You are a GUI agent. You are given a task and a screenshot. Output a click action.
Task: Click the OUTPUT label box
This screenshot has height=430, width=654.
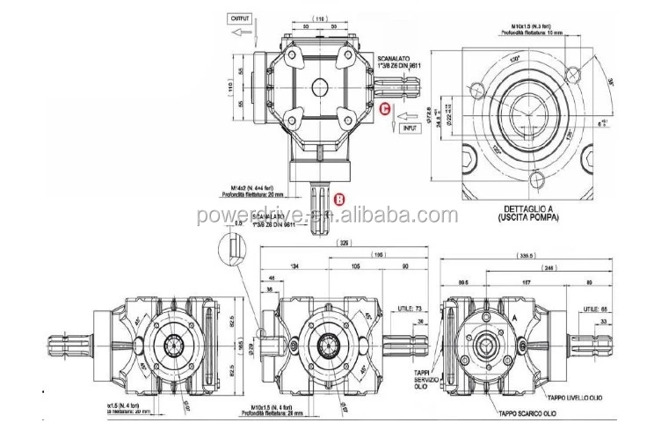240,17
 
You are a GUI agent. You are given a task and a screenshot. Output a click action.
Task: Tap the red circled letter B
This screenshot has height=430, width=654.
338,199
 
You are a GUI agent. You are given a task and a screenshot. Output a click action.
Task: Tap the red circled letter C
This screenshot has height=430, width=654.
385,108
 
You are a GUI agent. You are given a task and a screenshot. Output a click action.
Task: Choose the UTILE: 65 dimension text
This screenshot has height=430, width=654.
595,310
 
